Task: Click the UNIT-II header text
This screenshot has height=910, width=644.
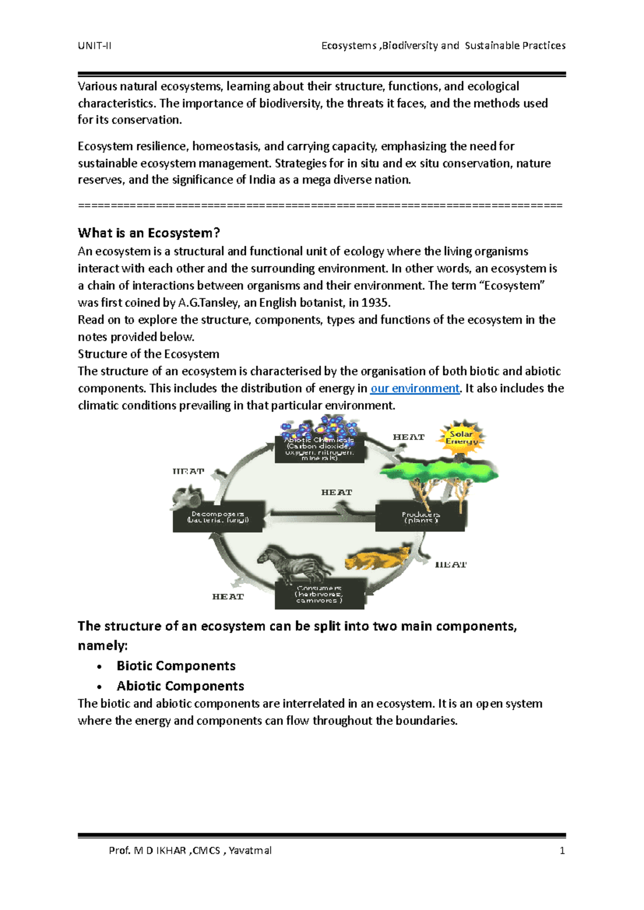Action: tap(94, 46)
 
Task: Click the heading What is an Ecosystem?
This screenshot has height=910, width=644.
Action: tap(149, 233)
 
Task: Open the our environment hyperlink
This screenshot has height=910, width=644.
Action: tap(415, 388)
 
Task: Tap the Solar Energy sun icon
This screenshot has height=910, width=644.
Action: tap(461, 437)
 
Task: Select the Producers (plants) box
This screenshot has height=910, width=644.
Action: tap(421, 517)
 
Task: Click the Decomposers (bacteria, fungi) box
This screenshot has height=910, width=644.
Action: tap(218, 517)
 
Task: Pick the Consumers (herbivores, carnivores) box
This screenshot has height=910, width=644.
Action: tap(319, 594)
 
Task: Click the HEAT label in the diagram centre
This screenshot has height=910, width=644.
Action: tap(336, 492)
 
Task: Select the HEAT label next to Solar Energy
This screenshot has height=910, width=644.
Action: tap(408, 437)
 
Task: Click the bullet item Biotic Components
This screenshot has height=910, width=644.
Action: tap(176, 666)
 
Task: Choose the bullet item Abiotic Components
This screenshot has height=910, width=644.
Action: tap(180, 686)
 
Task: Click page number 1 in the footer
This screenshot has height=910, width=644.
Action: tap(562, 850)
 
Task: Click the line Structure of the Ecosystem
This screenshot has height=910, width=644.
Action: tap(149, 354)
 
